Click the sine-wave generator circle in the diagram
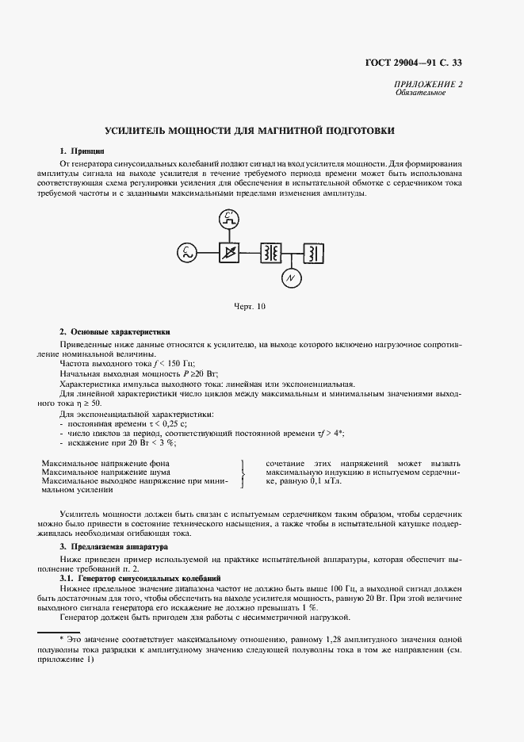pyautogui.click(x=186, y=253)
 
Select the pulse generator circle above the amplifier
pyautogui.click(x=229, y=217)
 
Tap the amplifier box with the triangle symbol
pyautogui.click(x=229, y=253)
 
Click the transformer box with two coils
pyautogui.click(x=271, y=253)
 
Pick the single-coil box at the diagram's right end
pyautogui.click(x=314, y=253)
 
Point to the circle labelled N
pyautogui.click(x=292, y=278)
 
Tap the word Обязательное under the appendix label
pyautogui.click(x=420, y=93)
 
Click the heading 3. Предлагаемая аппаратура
pyautogui.click(x=109, y=547)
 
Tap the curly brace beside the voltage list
pyautogui.click(x=241, y=473)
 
